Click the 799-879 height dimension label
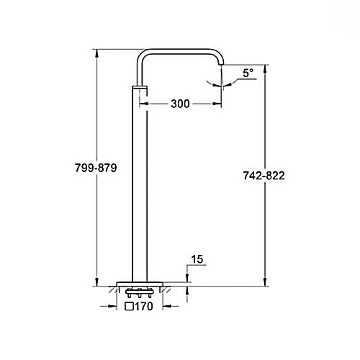94,167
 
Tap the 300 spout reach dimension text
181,104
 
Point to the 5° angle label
247,73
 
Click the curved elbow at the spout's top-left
142,57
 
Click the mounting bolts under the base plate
136,294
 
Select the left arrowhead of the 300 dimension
143,104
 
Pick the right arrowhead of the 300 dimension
219,104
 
